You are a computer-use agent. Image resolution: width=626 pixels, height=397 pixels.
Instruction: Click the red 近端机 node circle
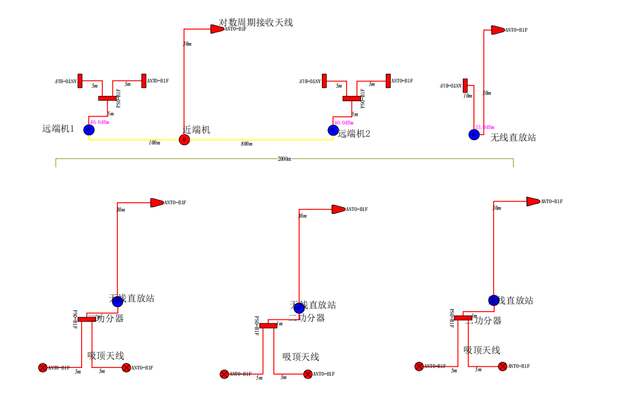[184, 140]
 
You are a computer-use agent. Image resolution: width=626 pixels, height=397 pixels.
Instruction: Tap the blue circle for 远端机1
[89, 130]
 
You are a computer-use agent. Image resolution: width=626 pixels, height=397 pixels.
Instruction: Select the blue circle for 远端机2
[333, 130]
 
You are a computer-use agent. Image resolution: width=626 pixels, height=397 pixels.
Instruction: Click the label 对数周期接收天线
[256, 23]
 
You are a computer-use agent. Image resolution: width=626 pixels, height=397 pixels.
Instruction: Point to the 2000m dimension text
[284, 159]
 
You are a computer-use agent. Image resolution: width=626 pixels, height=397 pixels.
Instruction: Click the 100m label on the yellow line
[154, 143]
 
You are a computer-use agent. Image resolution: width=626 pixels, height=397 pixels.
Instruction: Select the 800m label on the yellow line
[246, 144]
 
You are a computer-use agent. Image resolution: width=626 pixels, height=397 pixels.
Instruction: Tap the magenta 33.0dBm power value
[485, 127]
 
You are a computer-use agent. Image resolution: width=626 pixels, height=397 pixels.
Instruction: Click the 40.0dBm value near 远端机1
[99, 122]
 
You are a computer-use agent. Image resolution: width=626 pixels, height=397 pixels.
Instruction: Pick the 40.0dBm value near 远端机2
[344, 122]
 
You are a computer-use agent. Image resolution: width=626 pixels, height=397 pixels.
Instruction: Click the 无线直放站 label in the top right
[513, 137]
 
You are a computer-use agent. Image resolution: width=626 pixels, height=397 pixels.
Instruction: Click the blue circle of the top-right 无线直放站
[474, 135]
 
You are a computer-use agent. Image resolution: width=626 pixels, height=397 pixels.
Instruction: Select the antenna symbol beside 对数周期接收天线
[217, 29]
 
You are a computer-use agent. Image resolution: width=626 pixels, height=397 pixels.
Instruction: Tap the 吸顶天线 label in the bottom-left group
[106, 356]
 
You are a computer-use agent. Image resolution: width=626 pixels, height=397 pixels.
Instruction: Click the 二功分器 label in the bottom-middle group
[306, 318]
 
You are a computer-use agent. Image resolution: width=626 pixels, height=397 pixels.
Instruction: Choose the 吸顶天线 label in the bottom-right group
[482, 350]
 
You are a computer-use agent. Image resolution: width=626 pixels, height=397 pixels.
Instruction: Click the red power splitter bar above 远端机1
[107, 99]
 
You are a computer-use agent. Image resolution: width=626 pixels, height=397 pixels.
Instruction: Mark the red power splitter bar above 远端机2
[352, 99]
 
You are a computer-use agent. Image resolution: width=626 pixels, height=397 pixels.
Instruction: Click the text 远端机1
[58, 128]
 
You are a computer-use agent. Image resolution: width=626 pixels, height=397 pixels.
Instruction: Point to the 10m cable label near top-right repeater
[468, 96]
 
